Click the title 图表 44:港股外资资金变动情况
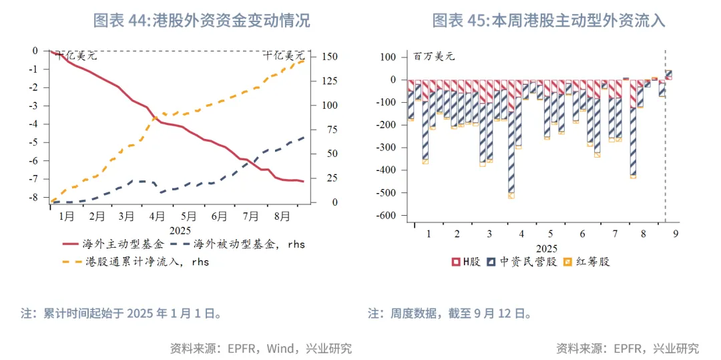pos(201,20)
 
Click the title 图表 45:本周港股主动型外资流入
pos(549,20)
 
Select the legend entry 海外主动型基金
pos(123,244)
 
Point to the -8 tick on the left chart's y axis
pos(35,198)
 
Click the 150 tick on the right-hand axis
pos(329,57)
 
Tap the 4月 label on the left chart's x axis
pos(158,216)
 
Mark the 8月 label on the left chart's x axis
pos(282,216)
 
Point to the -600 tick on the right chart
pos(385,216)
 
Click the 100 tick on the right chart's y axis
pos(388,57)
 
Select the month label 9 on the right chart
pos(675,234)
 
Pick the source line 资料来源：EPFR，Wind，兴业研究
pos(261,348)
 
